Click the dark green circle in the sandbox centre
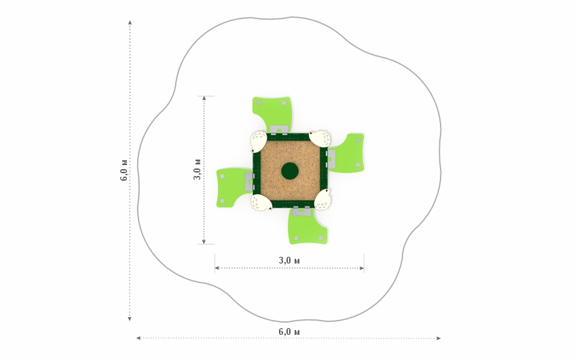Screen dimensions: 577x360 tap(290, 171)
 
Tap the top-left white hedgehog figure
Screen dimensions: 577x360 tap(259, 141)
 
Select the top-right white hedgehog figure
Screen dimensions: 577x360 tap(320, 139)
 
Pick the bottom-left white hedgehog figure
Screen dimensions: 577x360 tap(261, 203)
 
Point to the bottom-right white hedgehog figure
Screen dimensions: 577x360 tap(322, 200)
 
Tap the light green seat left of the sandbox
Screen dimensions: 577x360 tap(232, 187)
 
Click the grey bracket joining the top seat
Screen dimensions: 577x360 tap(279, 130)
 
